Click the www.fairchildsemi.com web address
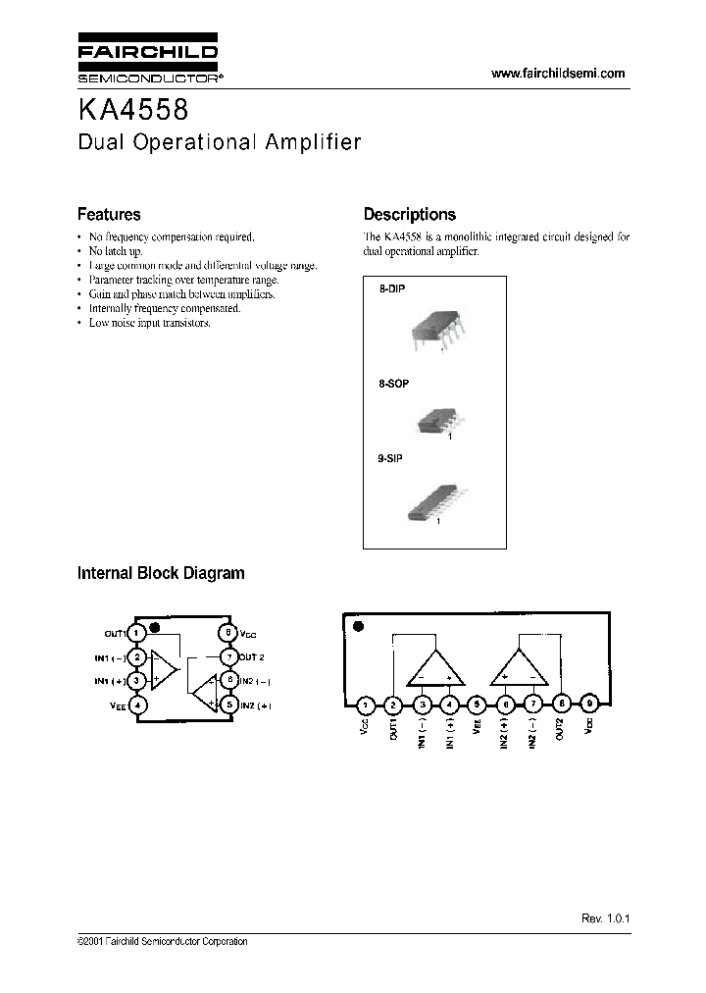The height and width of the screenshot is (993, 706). coord(557,74)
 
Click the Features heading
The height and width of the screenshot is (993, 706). coord(109,214)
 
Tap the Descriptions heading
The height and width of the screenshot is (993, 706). coord(409,214)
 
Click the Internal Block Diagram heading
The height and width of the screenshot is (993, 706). coord(161,573)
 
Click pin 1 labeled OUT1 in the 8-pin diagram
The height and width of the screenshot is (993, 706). coord(139,633)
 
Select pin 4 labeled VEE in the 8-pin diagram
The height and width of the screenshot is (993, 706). coord(139,704)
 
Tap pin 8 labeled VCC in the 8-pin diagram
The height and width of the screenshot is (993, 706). coord(227,633)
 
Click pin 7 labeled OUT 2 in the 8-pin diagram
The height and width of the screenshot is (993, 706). coord(227,656)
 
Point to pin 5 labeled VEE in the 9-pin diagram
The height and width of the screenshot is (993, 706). coord(477,704)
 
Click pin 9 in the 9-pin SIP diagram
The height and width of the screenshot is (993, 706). coord(588,704)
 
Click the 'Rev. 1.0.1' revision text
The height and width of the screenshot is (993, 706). coord(604,917)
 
